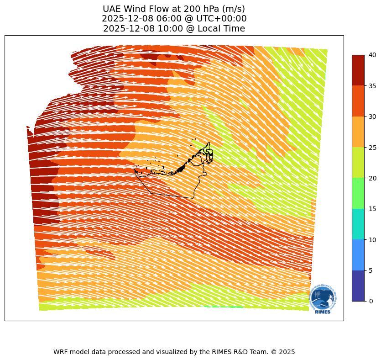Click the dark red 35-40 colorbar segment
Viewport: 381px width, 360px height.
pyautogui.click(x=358, y=70)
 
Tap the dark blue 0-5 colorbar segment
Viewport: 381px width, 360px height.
pyautogui.click(x=358, y=286)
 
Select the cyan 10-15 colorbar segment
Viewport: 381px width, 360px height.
pyautogui.click(x=358, y=224)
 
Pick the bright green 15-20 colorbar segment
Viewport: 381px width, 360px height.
pyautogui.click(x=358, y=193)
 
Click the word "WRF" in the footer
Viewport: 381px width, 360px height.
pyautogui.click(x=62, y=352)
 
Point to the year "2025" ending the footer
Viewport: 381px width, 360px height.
pyautogui.click(x=287, y=352)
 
